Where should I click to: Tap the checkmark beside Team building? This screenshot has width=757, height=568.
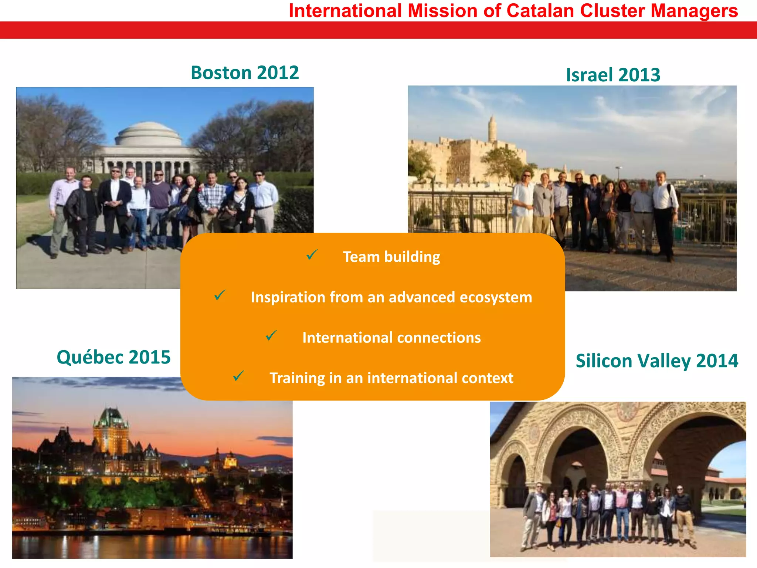click(312, 255)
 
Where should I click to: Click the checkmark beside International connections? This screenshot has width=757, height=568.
click(271, 335)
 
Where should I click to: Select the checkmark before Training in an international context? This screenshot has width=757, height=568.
click(238, 376)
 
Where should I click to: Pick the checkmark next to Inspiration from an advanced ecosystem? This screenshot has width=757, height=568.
click(220, 295)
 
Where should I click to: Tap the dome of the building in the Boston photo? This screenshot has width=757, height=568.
click(148, 133)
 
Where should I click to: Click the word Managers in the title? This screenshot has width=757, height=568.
click(694, 11)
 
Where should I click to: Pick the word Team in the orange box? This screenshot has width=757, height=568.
click(361, 257)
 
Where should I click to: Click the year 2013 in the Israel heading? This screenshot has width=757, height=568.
click(639, 75)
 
